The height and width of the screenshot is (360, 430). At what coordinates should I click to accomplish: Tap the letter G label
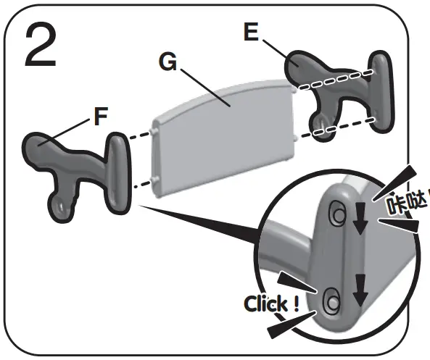point(168,63)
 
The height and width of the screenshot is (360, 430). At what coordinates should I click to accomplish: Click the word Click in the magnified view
point(268,304)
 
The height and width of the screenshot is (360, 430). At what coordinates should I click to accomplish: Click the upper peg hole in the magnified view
point(338,213)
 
